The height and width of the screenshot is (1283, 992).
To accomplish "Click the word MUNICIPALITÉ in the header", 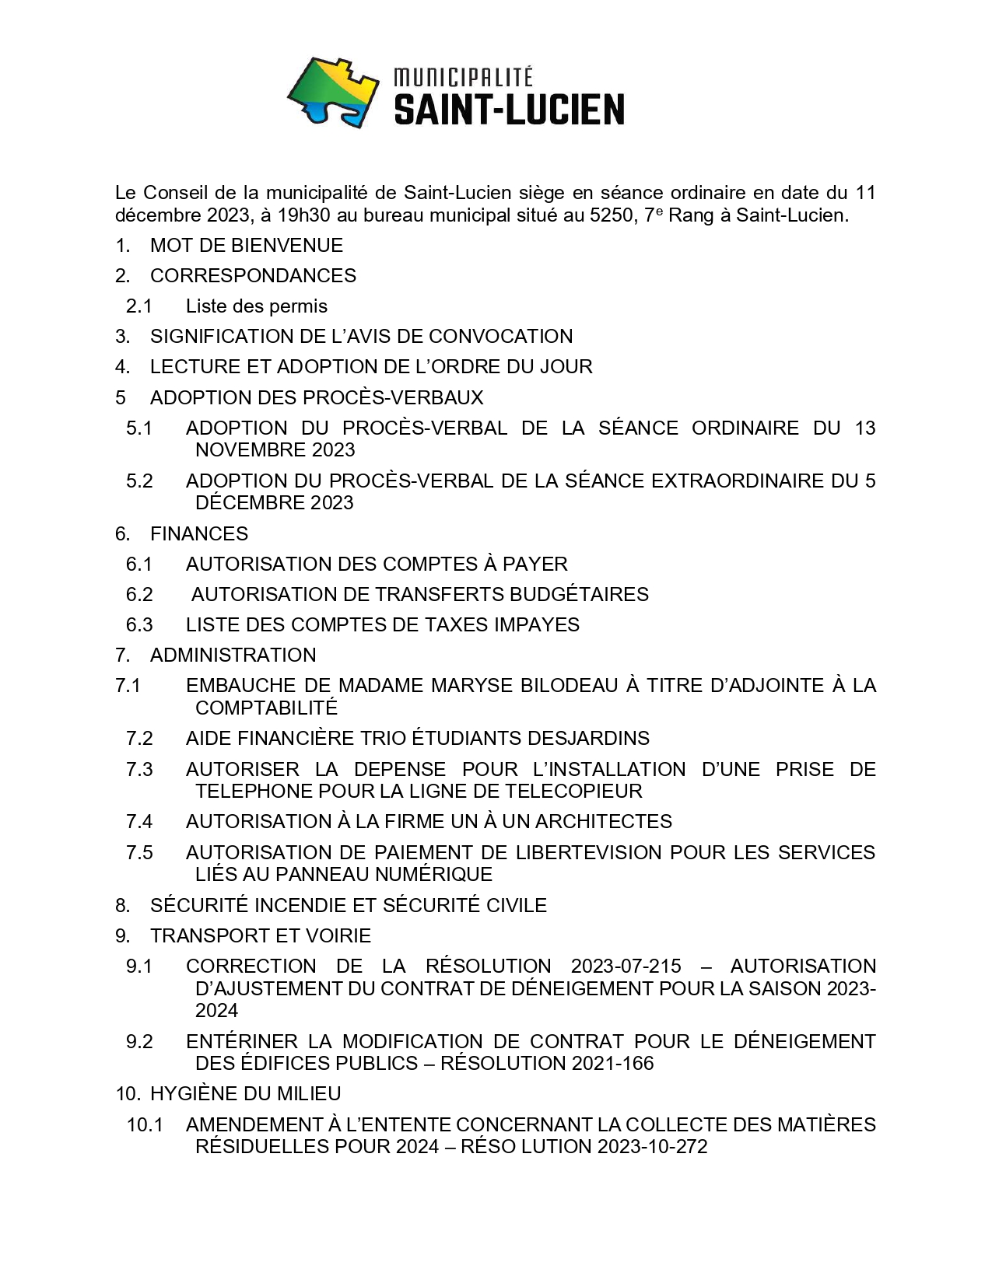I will click(x=463, y=77).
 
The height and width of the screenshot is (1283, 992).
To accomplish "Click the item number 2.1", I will click(x=138, y=306).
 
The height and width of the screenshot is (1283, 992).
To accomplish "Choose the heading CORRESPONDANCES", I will click(x=253, y=276).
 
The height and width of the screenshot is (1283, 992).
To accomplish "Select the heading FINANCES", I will click(x=199, y=534).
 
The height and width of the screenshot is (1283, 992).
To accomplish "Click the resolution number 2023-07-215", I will click(x=626, y=967).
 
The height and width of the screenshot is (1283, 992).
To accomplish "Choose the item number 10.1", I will click(x=145, y=1125).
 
